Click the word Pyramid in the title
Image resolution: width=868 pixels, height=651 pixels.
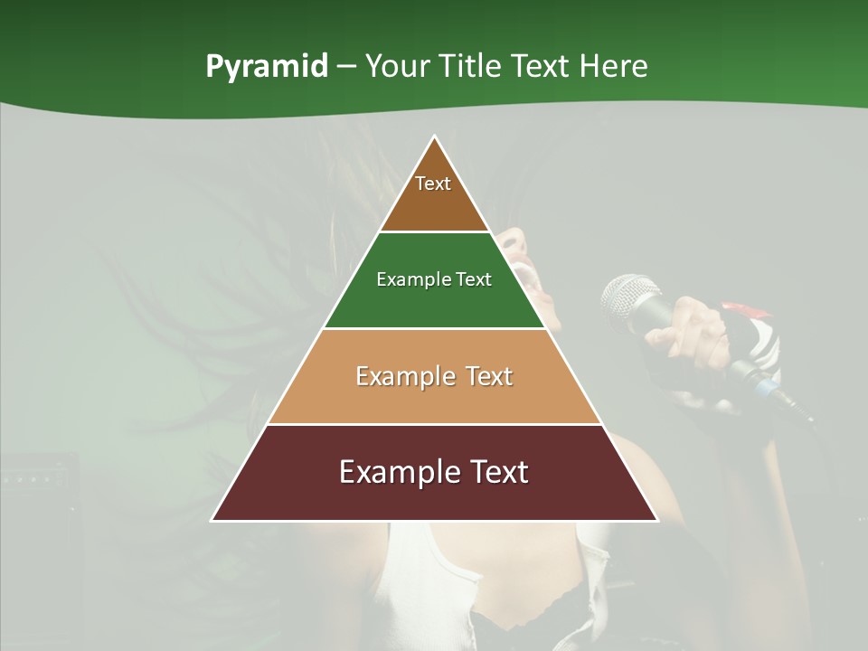267,67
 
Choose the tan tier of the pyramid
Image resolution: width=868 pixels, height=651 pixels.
434,398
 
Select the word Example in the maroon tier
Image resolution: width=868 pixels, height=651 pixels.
394,472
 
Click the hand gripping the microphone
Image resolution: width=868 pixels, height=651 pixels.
692,325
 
